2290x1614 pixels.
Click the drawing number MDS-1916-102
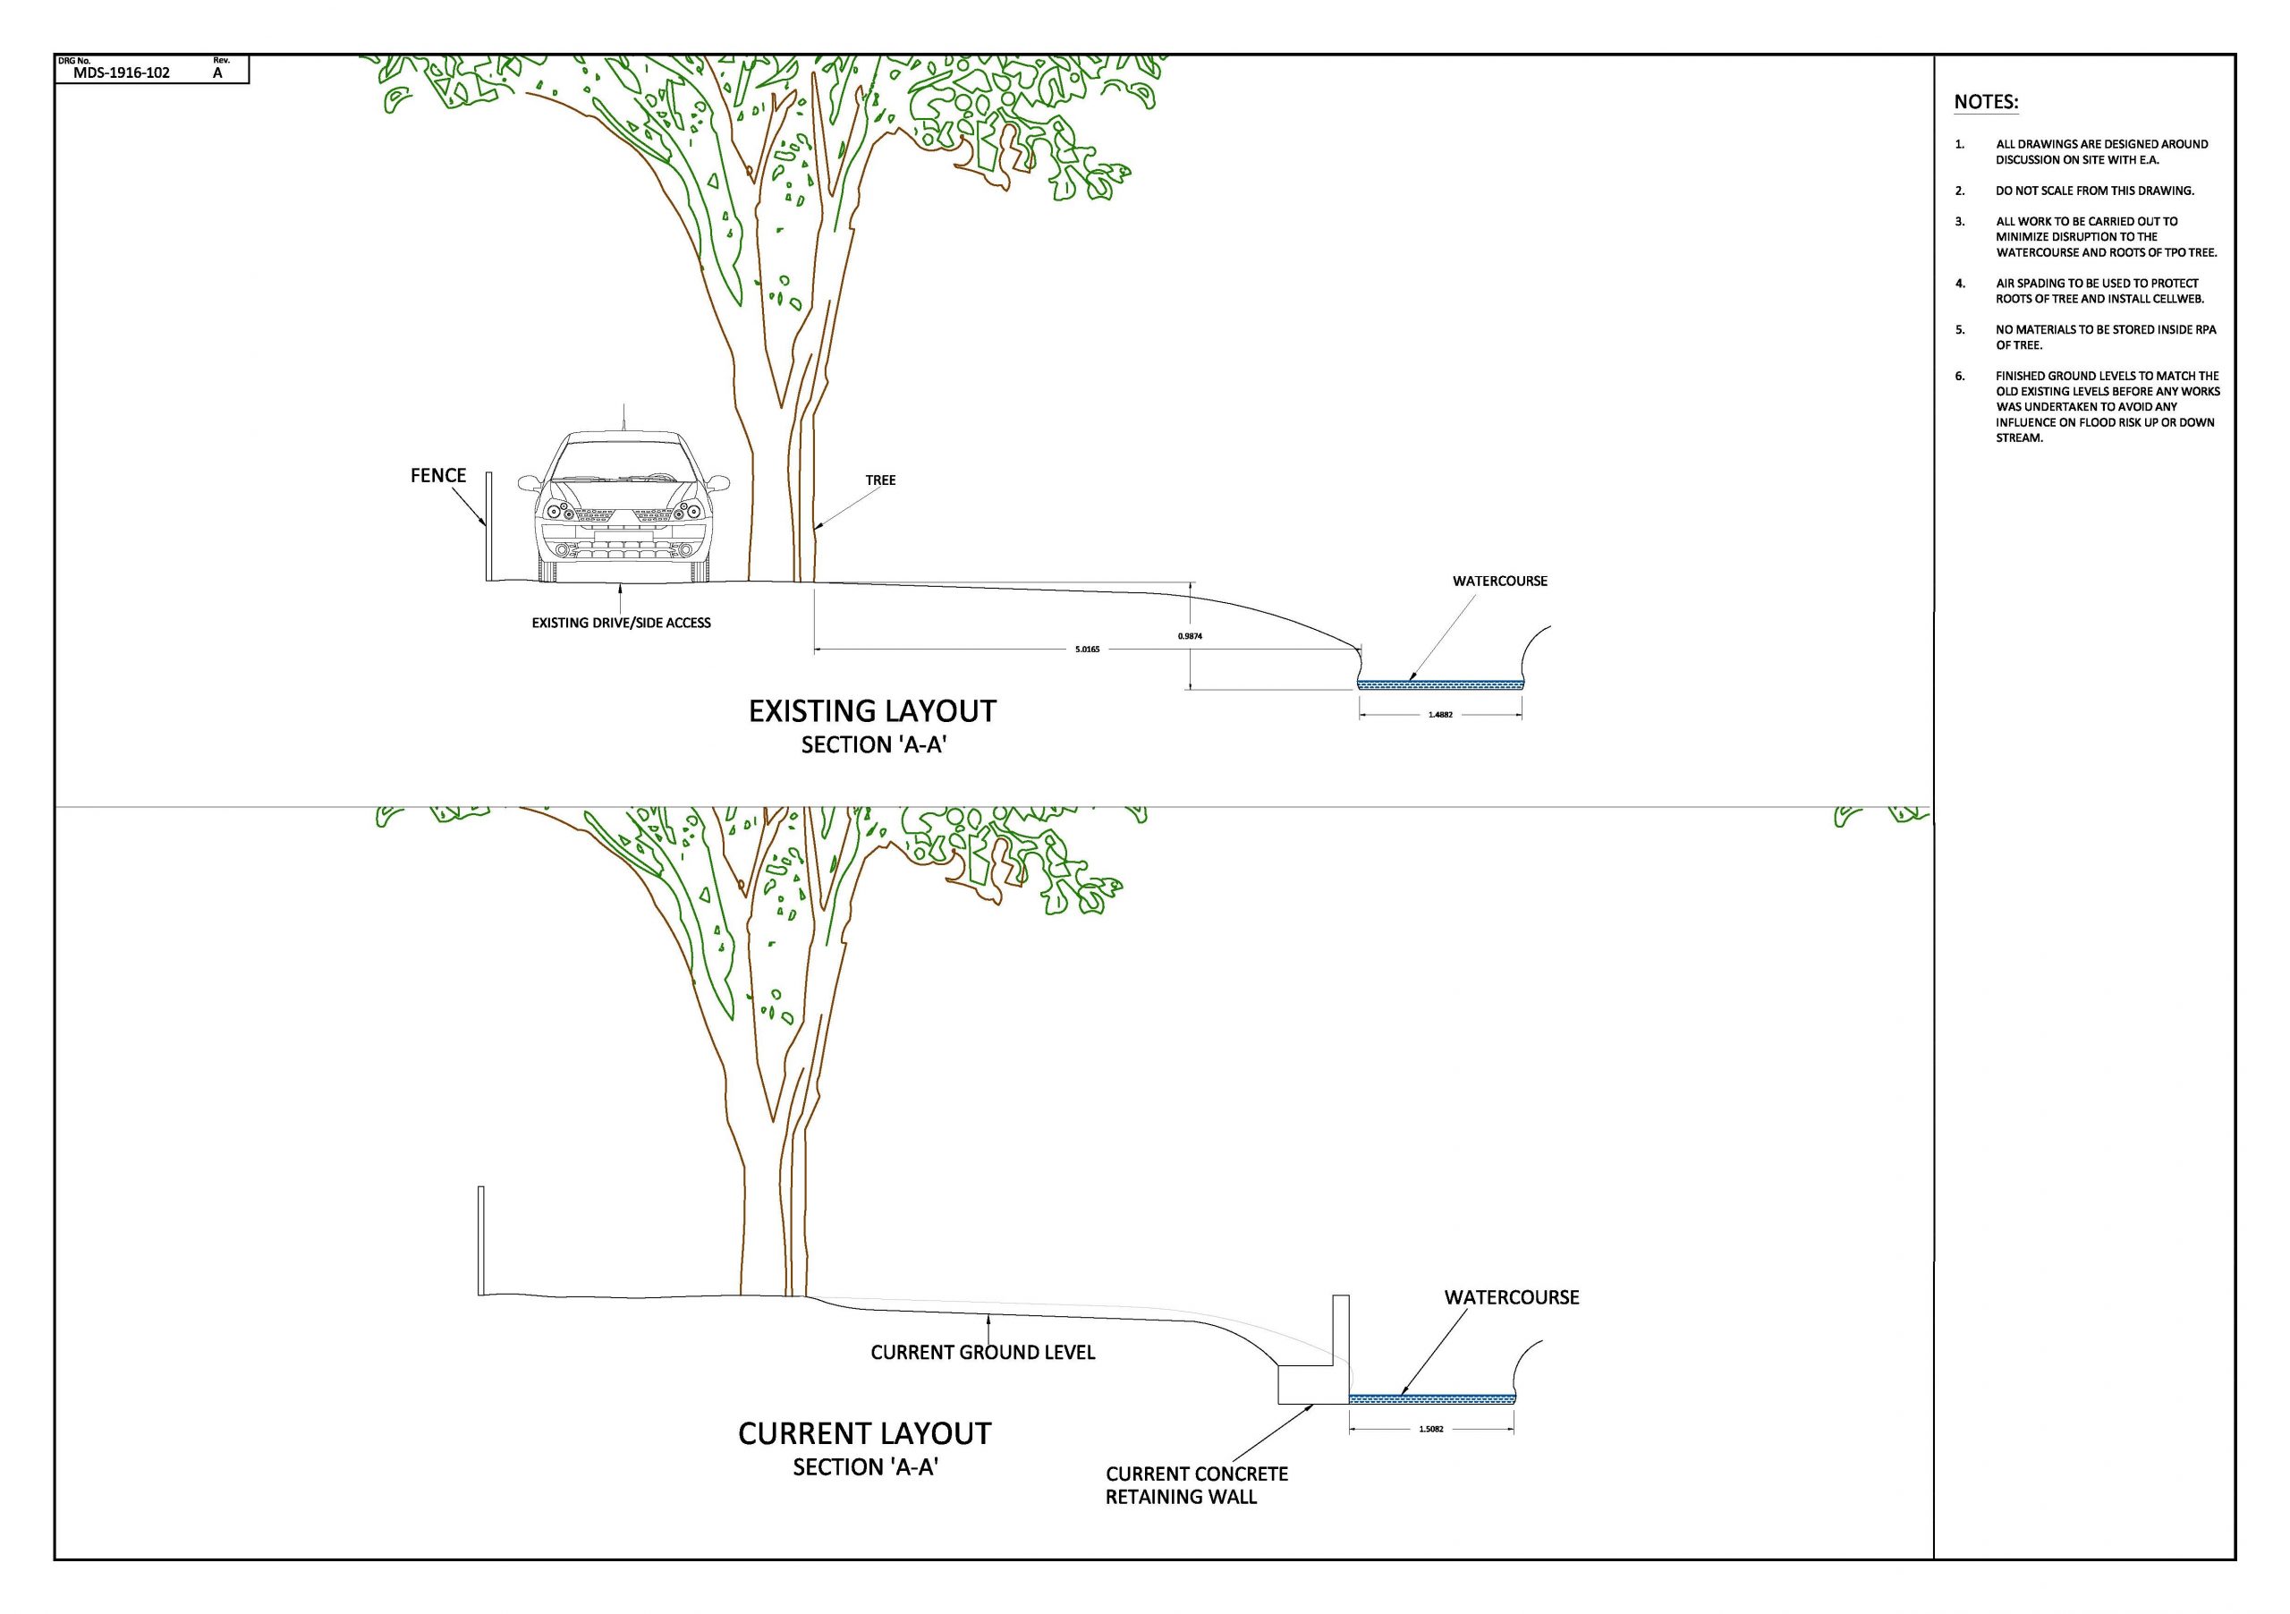122,72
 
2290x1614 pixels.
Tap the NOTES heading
1985,102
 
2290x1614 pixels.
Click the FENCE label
437,476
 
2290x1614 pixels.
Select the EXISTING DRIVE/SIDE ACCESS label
621,623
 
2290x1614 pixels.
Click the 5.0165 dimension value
1087,650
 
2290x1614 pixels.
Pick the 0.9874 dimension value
1190,635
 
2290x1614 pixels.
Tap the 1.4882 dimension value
1440,714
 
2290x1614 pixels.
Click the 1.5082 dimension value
1431,1429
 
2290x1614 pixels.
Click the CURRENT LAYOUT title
864,1433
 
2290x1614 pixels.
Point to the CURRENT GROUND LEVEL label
982,1353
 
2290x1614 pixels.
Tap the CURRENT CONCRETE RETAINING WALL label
1196,1484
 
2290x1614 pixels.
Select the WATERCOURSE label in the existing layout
1499,581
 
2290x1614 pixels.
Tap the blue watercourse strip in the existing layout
1440,684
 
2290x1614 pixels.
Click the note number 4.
1960,284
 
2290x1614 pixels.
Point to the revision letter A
217,72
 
